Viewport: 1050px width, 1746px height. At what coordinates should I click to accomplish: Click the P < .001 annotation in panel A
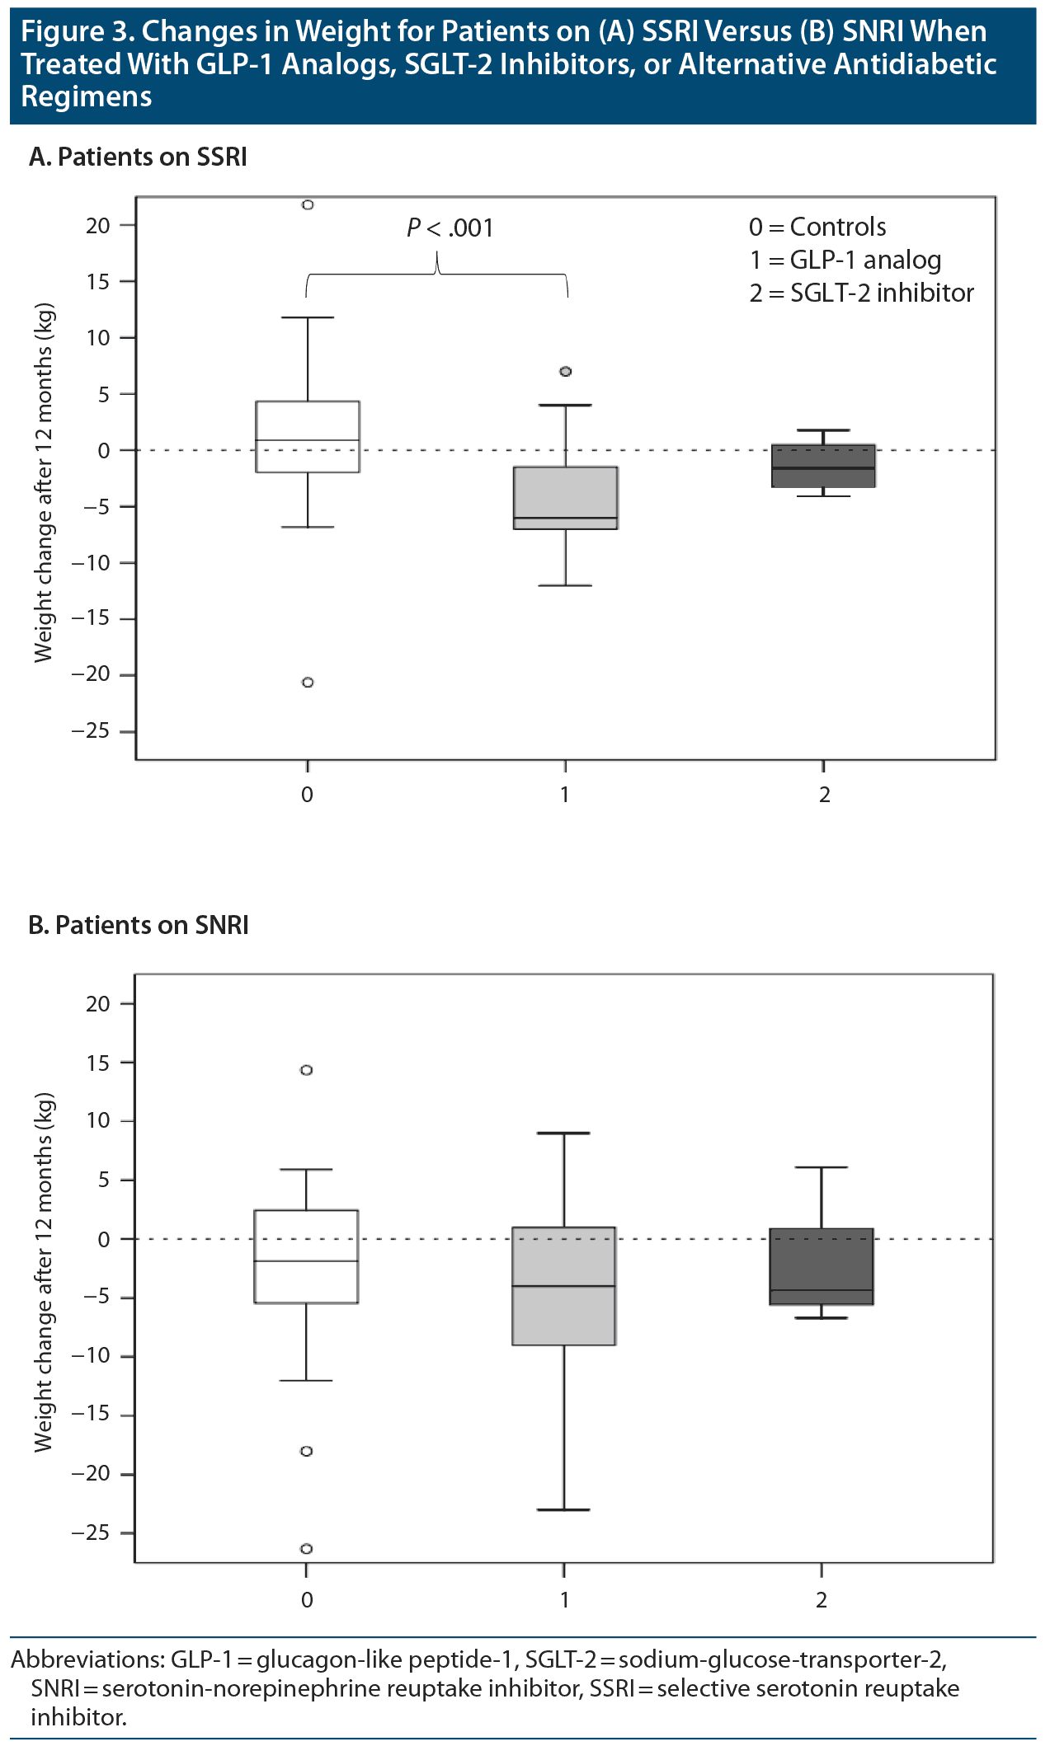450,228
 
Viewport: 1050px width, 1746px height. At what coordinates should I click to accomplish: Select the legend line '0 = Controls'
817,227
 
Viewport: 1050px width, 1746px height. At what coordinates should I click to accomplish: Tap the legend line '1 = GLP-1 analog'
845,260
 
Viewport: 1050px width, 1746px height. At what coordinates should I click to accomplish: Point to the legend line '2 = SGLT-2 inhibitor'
861,293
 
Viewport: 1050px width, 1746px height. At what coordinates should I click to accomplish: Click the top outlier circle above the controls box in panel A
308,204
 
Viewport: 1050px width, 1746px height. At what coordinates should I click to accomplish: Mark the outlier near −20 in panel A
308,682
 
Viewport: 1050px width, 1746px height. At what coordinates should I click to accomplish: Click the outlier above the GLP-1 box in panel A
566,371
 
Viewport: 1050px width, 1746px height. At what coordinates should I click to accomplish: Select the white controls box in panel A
308,436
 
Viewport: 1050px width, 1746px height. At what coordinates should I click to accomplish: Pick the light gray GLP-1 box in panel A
566,497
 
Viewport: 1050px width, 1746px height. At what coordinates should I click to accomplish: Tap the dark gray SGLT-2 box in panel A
823,466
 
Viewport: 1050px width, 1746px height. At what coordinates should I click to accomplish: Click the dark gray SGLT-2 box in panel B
822,1266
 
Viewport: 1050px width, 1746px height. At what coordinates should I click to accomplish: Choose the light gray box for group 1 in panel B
564,1286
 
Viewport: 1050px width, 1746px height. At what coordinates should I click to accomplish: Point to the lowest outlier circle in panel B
306,1548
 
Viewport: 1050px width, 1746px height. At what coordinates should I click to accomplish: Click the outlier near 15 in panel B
306,1070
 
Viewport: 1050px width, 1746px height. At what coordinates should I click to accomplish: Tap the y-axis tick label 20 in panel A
97,225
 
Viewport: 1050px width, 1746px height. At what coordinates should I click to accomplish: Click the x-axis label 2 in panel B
822,1600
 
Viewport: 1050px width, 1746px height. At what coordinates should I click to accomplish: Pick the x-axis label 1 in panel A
565,795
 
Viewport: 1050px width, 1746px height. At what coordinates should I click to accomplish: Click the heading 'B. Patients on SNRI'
139,925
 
